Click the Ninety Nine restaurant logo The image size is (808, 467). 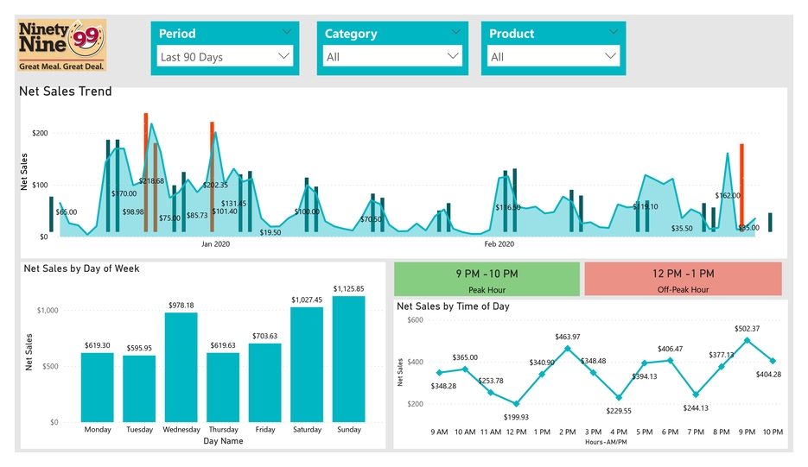pyautogui.click(x=61, y=45)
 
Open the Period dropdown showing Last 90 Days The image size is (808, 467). pyautogui.click(x=225, y=57)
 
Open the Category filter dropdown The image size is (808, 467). pyautogui.click(x=392, y=57)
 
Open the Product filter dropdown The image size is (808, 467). pyautogui.click(x=553, y=57)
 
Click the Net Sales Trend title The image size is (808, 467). pyautogui.click(x=66, y=92)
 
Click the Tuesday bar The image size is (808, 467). pyautogui.click(x=139, y=388)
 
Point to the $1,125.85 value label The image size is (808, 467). pyautogui.click(x=348, y=288)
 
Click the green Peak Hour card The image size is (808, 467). pyautogui.click(x=487, y=280)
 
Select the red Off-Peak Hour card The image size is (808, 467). pyautogui.click(x=683, y=280)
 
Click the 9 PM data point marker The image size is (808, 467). pyautogui.click(x=748, y=340)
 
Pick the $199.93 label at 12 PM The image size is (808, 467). pyautogui.click(x=517, y=417)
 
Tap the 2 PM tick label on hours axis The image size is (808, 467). pyautogui.click(x=568, y=432)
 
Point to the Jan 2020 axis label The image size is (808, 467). pyautogui.click(x=215, y=244)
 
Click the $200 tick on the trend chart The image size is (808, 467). pyautogui.click(x=40, y=133)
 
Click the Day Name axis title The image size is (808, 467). pyautogui.click(x=223, y=441)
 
